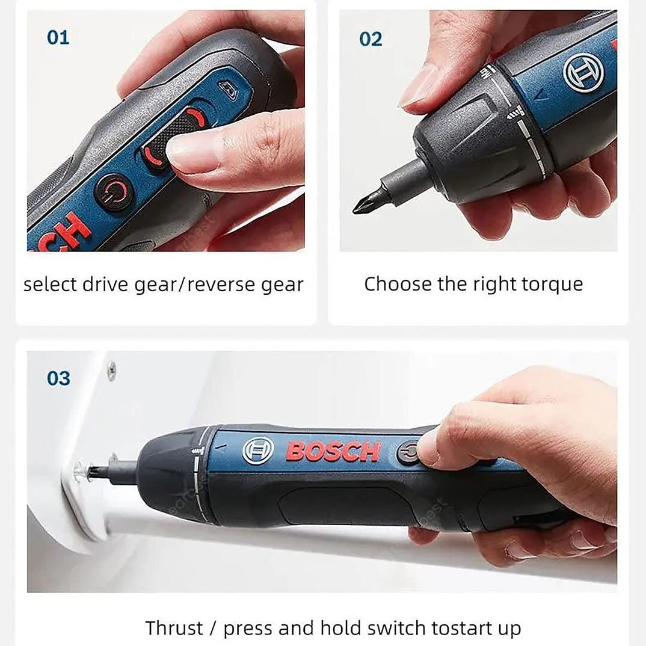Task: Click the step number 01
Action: (58, 38)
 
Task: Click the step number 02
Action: (371, 39)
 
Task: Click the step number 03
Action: (58, 378)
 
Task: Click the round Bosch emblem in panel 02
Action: (583, 74)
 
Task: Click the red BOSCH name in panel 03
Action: (333, 451)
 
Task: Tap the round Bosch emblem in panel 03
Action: (258, 451)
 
